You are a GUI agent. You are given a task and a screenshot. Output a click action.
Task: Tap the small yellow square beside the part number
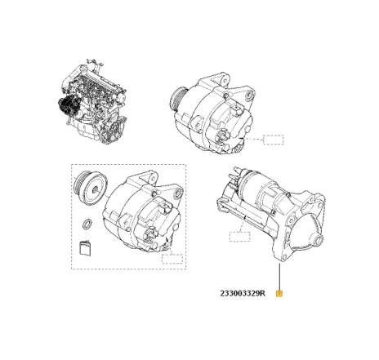coord(280,294)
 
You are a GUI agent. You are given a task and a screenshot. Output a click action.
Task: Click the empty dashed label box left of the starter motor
coord(239,238)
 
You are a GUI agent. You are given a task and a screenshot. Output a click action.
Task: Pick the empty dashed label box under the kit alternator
coord(172,260)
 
